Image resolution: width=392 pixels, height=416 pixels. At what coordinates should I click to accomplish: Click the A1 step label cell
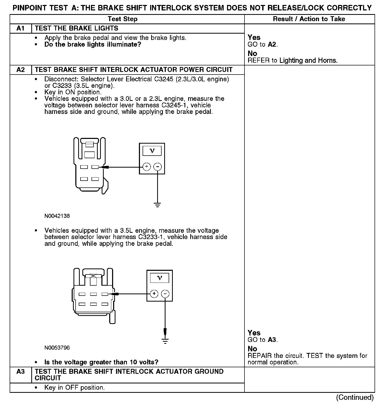click(x=20, y=28)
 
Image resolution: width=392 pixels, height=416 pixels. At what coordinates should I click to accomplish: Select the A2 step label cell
click(x=20, y=70)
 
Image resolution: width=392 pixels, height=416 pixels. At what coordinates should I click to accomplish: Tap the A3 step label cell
click(x=20, y=371)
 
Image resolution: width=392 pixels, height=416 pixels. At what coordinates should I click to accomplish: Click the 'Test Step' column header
click(x=123, y=19)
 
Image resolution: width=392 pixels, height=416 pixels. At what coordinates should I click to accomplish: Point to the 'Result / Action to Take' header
click(x=309, y=19)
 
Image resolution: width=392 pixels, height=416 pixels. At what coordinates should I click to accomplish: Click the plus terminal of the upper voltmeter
click(x=147, y=167)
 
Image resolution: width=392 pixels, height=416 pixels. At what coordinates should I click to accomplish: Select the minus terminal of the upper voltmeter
click(x=158, y=167)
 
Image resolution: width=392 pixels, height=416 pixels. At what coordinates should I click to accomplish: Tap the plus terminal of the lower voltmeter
click(x=154, y=294)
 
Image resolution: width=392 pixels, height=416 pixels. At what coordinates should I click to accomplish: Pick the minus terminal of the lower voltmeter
click(x=165, y=294)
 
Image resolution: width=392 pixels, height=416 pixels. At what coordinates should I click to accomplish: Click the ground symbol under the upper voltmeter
click(x=158, y=205)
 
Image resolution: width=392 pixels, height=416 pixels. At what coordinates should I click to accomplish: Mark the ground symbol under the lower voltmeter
click(x=165, y=341)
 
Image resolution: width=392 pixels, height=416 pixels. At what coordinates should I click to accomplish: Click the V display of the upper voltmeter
click(x=152, y=151)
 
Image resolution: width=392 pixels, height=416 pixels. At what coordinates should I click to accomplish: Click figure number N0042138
click(x=57, y=216)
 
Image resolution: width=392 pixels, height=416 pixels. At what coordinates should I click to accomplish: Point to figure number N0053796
click(x=57, y=348)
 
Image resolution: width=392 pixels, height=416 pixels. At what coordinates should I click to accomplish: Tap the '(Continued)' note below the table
click(x=355, y=397)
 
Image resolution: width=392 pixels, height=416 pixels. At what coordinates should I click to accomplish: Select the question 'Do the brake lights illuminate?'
click(x=93, y=44)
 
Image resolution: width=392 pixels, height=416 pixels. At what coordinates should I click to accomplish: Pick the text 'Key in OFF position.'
click(x=75, y=388)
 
